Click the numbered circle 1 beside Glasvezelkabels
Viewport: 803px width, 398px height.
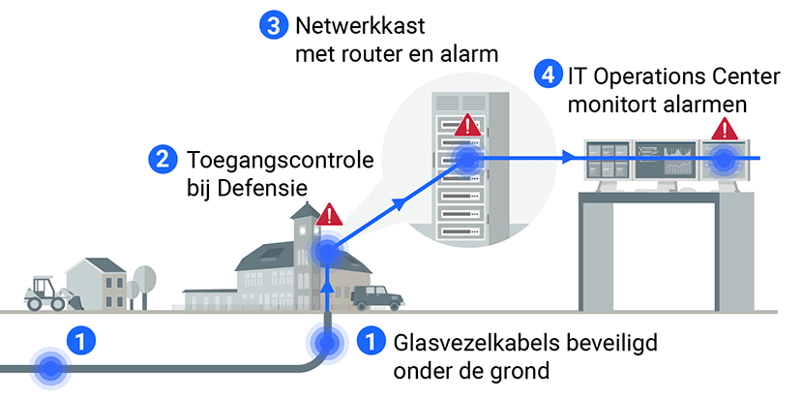click(370, 342)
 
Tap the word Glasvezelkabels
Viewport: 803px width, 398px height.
click(457, 343)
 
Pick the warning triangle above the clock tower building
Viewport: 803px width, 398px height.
click(330, 214)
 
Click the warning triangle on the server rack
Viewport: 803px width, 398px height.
click(468, 125)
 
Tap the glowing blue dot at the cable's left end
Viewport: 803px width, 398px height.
click(48, 368)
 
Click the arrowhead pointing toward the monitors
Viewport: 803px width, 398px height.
click(568, 158)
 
